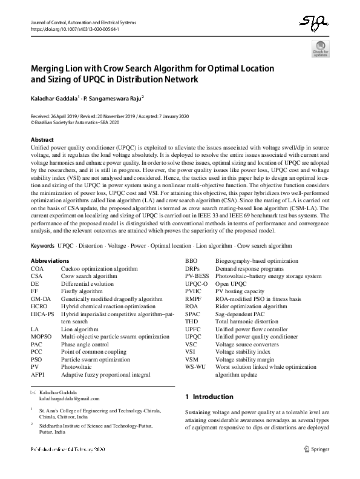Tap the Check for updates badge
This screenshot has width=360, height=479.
pyautogui.click(x=320, y=48)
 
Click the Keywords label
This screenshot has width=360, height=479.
pyautogui.click(x=42, y=263)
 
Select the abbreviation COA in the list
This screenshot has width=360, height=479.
pyautogui.click(x=38, y=285)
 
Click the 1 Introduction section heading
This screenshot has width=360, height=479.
pyautogui.click(x=209, y=397)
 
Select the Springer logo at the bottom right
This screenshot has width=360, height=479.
pyautogui.click(x=317, y=449)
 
